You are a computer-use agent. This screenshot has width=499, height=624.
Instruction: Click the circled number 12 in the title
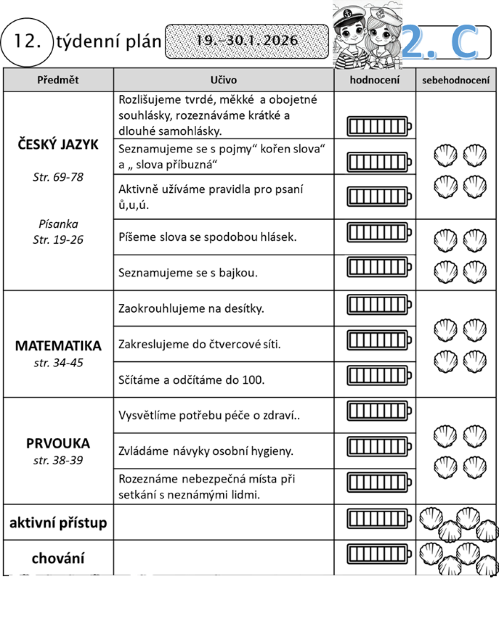pyautogui.click(x=27, y=42)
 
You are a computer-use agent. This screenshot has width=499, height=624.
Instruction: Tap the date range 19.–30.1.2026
pyautogui.click(x=247, y=41)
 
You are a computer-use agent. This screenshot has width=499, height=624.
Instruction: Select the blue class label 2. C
pyautogui.click(x=441, y=42)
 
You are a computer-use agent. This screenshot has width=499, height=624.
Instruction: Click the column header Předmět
pyautogui.click(x=58, y=80)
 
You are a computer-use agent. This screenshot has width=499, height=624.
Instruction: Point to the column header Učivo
pyautogui.click(x=223, y=80)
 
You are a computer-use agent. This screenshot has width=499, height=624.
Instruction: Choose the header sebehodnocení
pyautogui.click(x=456, y=80)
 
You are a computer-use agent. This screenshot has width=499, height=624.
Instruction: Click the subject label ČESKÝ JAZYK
pyautogui.click(x=58, y=145)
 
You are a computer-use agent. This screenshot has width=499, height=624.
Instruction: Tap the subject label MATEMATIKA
pyautogui.click(x=58, y=346)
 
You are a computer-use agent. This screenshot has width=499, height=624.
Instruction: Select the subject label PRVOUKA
pyautogui.click(x=58, y=443)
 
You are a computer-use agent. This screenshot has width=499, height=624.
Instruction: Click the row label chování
pyautogui.click(x=58, y=558)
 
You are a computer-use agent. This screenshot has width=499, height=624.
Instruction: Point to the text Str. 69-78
pyautogui.click(x=58, y=177)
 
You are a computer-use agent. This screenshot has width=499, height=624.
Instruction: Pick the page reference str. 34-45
pyautogui.click(x=58, y=363)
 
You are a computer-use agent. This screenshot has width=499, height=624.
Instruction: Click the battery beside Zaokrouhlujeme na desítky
pyautogui.click(x=379, y=305)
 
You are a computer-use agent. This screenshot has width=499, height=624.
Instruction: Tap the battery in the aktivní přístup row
pyautogui.click(x=379, y=518)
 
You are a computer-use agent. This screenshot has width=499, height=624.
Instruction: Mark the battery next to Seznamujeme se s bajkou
pyautogui.click(x=379, y=267)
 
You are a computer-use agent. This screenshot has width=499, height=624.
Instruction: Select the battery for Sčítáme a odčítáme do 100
pyautogui.click(x=379, y=376)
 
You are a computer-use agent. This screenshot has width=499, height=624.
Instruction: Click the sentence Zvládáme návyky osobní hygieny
pyautogui.click(x=206, y=451)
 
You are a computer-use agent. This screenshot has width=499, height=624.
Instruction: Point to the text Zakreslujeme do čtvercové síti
pyautogui.click(x=200, y=344)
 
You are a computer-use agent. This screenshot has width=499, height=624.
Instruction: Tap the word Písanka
pyautogui.click(x=58, y=224)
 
